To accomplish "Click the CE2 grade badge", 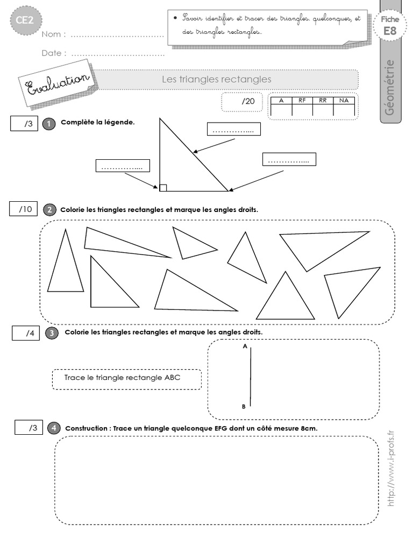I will click(x=23, y=22).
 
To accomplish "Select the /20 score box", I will click(x=242, y=101).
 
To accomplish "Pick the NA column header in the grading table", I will click(x=343, y=100).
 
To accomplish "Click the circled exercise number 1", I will click(x=49, y=123).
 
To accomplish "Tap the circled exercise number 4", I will click(x=53, y=428).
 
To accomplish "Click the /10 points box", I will click(x=24, y=209).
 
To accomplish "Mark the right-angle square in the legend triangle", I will click(x=163, y=188).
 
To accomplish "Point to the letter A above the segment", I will click(x=245, y=347).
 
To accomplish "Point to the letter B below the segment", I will click(x=244, y=407).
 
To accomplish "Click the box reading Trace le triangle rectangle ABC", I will click(x=126, y=379).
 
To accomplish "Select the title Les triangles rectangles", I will click(x=217, y=79).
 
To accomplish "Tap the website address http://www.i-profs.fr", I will click(x=391, y=468).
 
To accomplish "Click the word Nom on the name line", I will click(x=54, y=34).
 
